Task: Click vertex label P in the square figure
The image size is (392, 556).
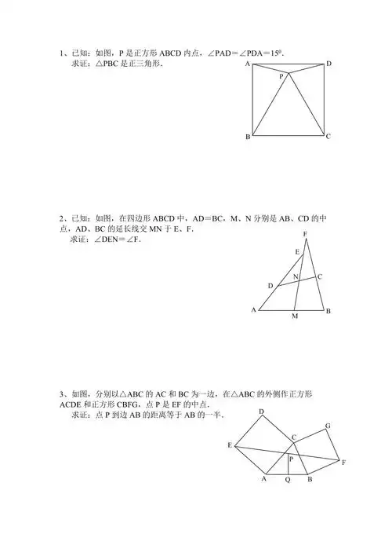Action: [x=280, y=77]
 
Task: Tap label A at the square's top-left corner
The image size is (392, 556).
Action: [x=248, y=63]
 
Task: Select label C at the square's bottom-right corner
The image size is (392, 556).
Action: [x=328, y=137]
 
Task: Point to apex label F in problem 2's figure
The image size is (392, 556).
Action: [x=305, y=235]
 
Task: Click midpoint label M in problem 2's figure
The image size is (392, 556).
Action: [x=295, y=316]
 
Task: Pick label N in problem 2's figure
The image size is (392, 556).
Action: [x=296, y=277]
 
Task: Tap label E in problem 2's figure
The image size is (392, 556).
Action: [x=296, y=251]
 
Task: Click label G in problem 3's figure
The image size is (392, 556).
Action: [x=328, y=425]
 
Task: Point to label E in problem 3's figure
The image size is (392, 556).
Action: [x=230, y=445]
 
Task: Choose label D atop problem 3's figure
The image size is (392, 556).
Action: [x=261, y=412]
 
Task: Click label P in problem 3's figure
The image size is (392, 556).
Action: [x=291, y=459]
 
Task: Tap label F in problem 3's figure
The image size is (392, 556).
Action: [x=343, y=463]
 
